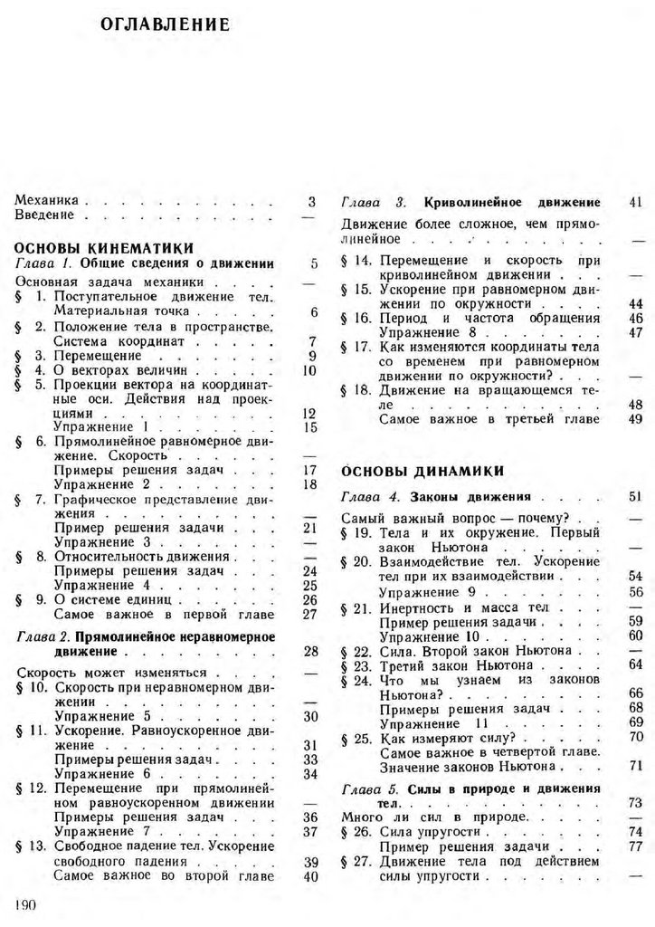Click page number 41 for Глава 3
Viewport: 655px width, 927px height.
(634, 201)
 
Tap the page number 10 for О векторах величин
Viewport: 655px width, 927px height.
(309, 370)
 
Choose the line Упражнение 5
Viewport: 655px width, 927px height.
(101, 715)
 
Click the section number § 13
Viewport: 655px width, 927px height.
(32, 846)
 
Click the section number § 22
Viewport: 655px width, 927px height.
(357, 649)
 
